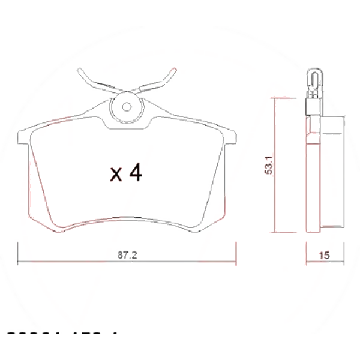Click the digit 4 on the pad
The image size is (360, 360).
(136, 173)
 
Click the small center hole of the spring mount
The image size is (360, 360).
(127, 108)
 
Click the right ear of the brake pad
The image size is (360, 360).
(230, 135)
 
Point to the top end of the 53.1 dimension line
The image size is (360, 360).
(275, 97)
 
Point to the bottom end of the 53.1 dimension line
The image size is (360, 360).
(275, 231)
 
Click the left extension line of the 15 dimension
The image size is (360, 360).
(307, 252)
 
